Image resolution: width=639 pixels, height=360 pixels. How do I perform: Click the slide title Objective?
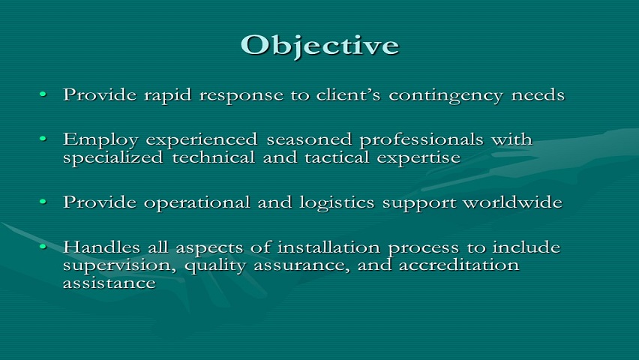pyautogui.click(x=320, y=46)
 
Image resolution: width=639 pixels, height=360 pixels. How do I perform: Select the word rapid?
pyautogui.click(x=167, y=96)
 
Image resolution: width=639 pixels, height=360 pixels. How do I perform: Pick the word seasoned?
pyautogui.click(x=309, y=139)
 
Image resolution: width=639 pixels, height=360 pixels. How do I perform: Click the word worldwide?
pyautogui.click(x=513, y=202)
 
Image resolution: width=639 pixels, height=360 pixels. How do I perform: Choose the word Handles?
pyautogui.click(x=101, y=247)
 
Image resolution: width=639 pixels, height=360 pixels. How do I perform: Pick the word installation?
pyautogui.click(x=328, y=247)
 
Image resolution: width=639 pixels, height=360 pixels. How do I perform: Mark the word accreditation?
pyautogui.click(x=459, y=265)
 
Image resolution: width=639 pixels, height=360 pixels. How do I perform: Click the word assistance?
pyautogui.click(x=109, y=283)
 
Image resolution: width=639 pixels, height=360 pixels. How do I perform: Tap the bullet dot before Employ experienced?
pyautogui.click(x=43, y=139)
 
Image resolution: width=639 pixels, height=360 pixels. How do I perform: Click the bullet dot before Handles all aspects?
pyautogui.click(x=43, y=246)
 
